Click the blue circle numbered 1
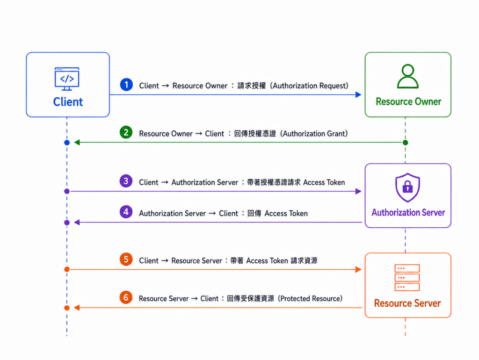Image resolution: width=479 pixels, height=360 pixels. [x=126, y=85]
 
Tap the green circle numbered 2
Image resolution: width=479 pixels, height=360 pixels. [x=126, y=132]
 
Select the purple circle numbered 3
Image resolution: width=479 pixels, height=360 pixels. [x=126, y=181]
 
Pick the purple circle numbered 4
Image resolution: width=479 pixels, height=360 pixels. [x=126, y=212]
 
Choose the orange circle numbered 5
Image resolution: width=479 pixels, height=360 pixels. [x=126, y=259]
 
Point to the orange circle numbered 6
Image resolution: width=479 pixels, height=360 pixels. [x=126, y=297]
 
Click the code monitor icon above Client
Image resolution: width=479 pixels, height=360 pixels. [x=67, y=79]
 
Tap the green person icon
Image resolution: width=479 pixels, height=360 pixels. [x=408, y=76]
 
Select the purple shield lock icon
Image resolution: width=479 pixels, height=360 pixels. [x=407, y=187]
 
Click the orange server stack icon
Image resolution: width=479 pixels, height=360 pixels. [x=407, y=278]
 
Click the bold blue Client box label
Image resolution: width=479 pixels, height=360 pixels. [x=68, y=102]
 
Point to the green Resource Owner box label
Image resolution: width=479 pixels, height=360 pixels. [x=408, y=101]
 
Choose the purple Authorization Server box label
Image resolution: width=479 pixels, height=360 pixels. [x=408, y=213]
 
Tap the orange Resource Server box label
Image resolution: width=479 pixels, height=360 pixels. [x=407, y=303]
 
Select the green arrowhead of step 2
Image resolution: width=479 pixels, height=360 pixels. [x=77, y=142]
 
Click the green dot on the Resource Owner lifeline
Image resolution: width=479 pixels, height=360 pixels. [x=406, y=143]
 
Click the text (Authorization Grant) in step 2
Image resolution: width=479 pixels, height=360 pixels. [x=314, y=134]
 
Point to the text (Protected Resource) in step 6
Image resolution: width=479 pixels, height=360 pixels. [x=310, y=299]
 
